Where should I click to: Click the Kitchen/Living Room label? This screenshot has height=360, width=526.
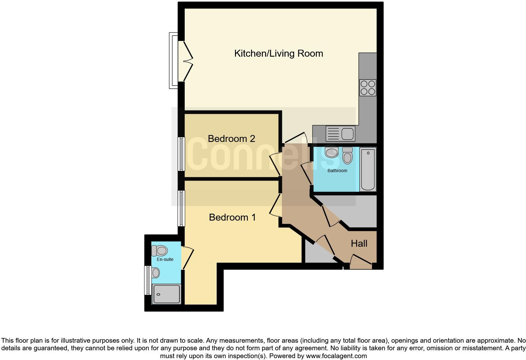tap(278, 53)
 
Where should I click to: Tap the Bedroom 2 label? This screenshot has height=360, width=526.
tap(231, 139)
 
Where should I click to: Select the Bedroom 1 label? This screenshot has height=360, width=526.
tap(232, 217)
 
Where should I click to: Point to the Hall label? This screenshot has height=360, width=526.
tap(359, 244)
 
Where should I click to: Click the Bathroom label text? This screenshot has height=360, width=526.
tap(337, 171)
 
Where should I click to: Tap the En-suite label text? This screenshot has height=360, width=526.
tap(165, 260)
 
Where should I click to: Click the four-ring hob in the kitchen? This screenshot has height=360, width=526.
tap(368, 87)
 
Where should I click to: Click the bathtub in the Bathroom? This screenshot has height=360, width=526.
tap(368, 169)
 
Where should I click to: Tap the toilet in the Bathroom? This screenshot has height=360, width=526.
tap(347, 155)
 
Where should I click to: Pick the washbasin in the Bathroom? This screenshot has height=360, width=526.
tap(331, 153)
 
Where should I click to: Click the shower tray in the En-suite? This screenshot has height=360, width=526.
tap(166, 294)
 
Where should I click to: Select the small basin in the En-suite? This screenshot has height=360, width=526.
tap(155, 272)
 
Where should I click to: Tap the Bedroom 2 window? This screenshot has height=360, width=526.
tap(181, 154)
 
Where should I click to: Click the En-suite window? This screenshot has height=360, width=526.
tap(147, 280)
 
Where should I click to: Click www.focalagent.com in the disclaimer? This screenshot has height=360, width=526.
tap(336, 356)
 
